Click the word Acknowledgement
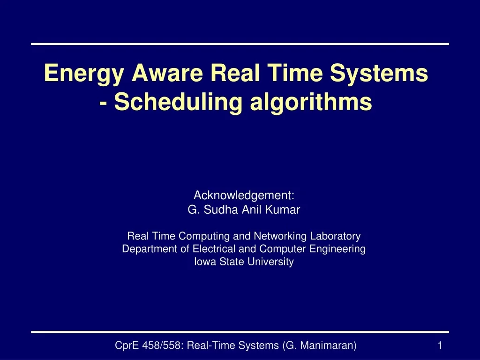[244, 195]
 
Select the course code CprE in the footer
[126, 345]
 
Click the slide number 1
[440, 345]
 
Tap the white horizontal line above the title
[240, 44]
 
